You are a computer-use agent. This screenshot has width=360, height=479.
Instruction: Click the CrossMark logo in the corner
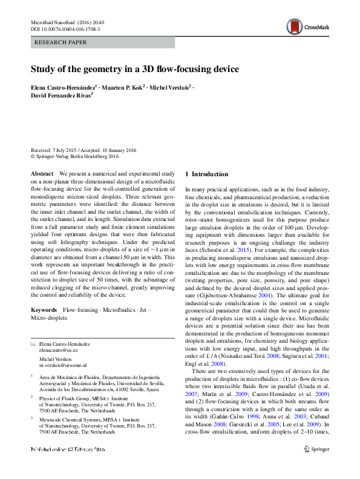pyautogui.click(x=307, y=26)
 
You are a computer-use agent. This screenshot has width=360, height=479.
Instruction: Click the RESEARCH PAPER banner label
pyautogui.click(x=62, y=42)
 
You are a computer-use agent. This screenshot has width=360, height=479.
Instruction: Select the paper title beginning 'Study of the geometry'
pyautogui.click(x=135, y=69)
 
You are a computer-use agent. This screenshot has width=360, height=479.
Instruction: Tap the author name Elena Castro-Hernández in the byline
pyautogui.click(x=63, y=87)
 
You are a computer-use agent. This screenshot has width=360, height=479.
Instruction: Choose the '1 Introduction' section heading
pyautogui.click(x=206, y=174)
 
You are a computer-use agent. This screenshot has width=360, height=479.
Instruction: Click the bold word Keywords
pyautogui.click(x=44, y=309)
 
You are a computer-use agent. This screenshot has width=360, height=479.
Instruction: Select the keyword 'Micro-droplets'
pyautogui.click(x=49, y=317)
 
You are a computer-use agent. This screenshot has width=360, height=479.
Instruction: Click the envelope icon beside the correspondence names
pyautogui.click(x=33, y=343)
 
